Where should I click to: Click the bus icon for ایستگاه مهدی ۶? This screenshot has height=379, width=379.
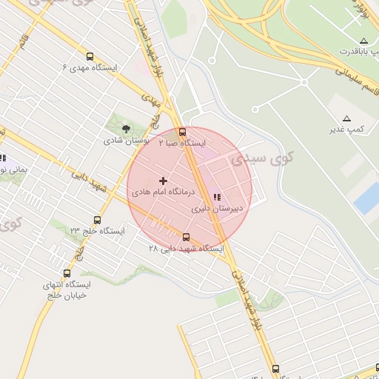point(90,56)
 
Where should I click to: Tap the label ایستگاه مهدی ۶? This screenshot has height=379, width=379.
point(90,67)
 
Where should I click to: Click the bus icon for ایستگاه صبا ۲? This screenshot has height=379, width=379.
point(183,131)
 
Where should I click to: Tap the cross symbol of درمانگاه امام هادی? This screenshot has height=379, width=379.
point(164,181)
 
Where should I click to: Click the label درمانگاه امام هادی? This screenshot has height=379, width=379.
point(163,192)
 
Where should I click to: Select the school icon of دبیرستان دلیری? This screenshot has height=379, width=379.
point(217,198)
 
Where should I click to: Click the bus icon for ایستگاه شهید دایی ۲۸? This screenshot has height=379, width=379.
point(186,238)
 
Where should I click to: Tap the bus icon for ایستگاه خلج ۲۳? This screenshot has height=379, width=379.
point(97,220)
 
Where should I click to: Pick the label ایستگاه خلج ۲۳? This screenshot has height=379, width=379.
point(97,231)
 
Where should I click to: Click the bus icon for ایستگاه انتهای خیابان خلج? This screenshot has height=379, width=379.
point(67,273)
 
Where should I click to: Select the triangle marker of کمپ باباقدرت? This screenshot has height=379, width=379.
point(363,40)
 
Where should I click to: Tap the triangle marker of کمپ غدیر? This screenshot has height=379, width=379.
point(346,118)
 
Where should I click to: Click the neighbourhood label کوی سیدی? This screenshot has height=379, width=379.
point(262,157)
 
